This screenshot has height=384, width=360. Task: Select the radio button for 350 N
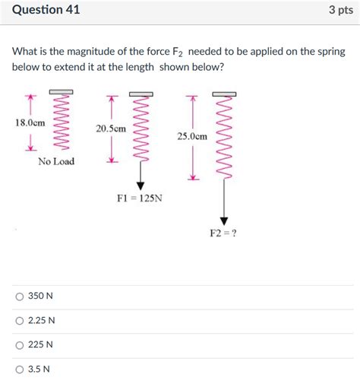pyautogui.click(x=20, y=297)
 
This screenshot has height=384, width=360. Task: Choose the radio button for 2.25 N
pyautogui.click(x=20, y=321)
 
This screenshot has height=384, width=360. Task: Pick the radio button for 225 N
pyautogui.click(x=20, y=345)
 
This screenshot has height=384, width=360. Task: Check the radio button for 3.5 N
pyautogui.click(x=20, y=370)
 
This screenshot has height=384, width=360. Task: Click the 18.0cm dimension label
pyautogui.click(x=30, y=123)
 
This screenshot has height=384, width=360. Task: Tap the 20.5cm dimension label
pyautogui.click(x=111, y=129)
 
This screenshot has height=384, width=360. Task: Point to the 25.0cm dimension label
pyautogui.click(x=192, y=136)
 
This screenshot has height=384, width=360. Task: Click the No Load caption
pyautogui.click(x=56, y=161)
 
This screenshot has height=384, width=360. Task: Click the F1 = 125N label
pyautogui.click(x=140, y=198)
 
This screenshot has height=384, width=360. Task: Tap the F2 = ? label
pyautogui.click(x=223, y=233)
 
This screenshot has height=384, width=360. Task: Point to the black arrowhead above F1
pyautogui.click(x=141, y=186)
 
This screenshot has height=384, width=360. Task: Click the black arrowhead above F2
pyautogui.click(x=224, y=221)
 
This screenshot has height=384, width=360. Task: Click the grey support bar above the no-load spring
pyautogui.click(x=61, y=92)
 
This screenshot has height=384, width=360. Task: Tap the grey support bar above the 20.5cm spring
pyautogui.click(x=141, y=94)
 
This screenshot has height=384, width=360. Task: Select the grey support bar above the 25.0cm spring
pyautogui.click(x=224, y=94)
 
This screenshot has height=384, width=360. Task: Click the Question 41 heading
pyautogui.click(x=46, y=10)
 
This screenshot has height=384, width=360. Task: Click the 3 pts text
pyautogui.click(x=341, y=10)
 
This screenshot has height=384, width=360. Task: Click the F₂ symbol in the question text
pyautogui.click(x=177, y=52)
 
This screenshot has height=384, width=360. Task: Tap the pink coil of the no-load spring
pyautogui.click(x=61, y=122)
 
